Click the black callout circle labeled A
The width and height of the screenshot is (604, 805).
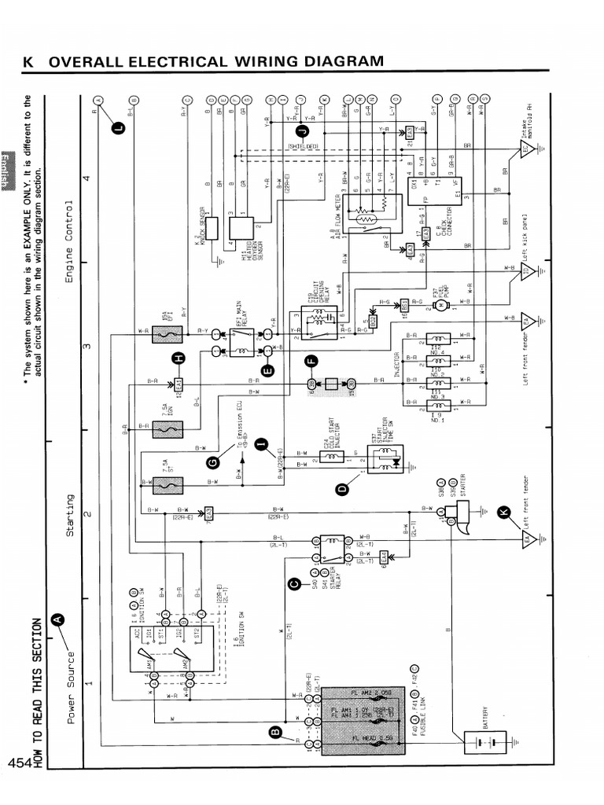[x=57, y=619]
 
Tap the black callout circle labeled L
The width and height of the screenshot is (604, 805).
[x=118, y=127]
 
